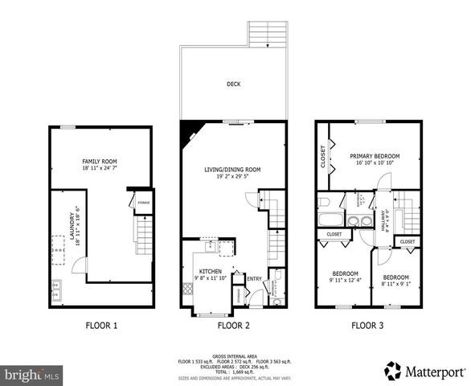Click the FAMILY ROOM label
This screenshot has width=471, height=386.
coord(100,161)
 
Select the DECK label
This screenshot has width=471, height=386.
coord(234,84)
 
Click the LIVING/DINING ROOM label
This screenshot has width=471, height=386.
coord(234,169)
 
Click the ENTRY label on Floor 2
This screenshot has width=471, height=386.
coord(254,279)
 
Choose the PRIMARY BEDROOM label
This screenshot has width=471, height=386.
coord(374,156)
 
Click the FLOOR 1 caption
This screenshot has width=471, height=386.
coord(101,326)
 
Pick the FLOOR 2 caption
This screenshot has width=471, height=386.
coord(234,326)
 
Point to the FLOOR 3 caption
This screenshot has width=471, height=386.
coord(367,326)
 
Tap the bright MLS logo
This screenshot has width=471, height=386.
coord(32,375)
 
